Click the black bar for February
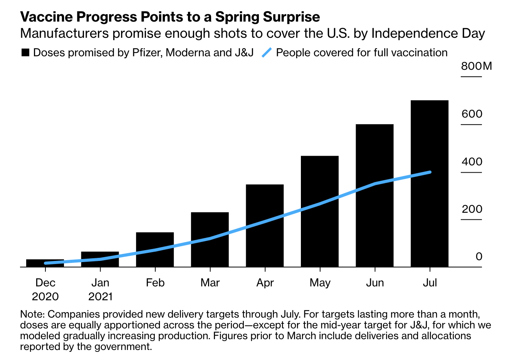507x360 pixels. (x=155, y=249)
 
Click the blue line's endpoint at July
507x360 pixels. (x=430, y=172)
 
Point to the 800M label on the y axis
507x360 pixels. (x=476, y=66)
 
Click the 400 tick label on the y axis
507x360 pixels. (x=472, y=161)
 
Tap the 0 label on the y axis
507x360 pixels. (x=478, y=257)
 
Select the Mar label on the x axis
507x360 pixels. (x=210, y=283)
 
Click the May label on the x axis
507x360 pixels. (x=320, y=283)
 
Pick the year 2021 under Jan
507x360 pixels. (x=100, y=297)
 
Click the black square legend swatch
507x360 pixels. (x=25, y=53)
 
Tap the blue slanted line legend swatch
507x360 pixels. (x=267, y=52)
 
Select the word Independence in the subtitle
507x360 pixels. (x=409, y=34)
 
